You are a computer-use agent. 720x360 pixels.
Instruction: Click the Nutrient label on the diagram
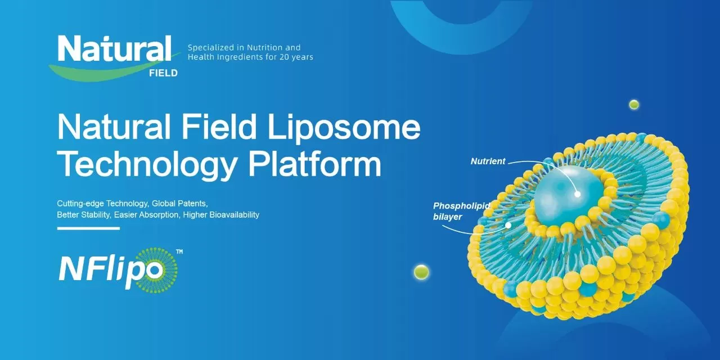pyautogui.click(x=488, y=161)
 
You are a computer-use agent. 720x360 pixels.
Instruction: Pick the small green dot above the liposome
pyautogui.click(x=634, y=104)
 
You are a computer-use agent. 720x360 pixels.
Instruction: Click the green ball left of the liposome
pyautogui.click(x=421, y=272)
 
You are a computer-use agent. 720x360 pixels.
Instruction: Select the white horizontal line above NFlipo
pyautogui.click(x=88, y=228)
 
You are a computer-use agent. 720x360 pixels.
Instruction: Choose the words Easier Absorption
pyautogui.click(x=150, y=215)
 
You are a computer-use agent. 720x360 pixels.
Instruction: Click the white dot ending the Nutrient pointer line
pyautogui.click(x=577, y=195)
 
